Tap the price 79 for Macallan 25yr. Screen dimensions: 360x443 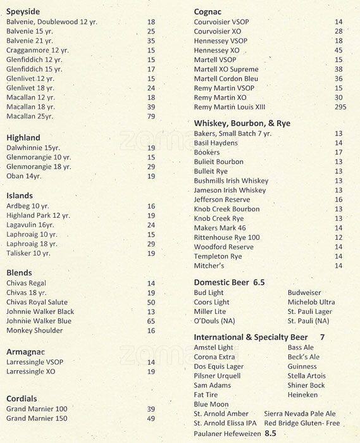point(151,116)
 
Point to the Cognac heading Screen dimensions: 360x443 point(209,11)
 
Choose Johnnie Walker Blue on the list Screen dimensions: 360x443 point(40,321)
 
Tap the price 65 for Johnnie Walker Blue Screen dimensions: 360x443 point(151,321)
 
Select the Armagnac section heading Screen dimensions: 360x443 point(26,351)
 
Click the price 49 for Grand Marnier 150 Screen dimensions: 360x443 point(151,418)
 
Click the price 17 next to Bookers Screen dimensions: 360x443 point(338,152)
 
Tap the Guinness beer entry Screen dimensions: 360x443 point(302,366)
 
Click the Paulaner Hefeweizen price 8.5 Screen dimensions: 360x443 point(271,433)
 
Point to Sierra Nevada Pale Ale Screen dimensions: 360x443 point(301,413)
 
